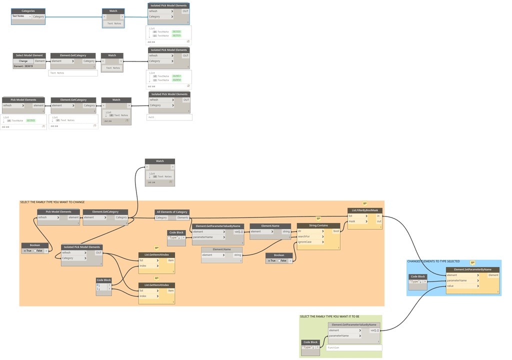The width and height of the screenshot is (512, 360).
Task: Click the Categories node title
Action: (28, 10)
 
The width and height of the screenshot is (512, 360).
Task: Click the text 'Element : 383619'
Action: (23, 66)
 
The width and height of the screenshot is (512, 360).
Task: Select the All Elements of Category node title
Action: (172, 212)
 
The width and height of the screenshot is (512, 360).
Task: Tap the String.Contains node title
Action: (318, 225)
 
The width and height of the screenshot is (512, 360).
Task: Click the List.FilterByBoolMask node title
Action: (365, 210)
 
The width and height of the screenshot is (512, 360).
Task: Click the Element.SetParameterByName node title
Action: (472, 269)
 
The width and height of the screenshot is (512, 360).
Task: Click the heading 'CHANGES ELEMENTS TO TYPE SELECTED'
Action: (433, 261)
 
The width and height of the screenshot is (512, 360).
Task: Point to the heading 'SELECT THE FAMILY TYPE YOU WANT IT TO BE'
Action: (329, 316)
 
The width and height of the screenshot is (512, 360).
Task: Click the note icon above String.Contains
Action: (318, 218)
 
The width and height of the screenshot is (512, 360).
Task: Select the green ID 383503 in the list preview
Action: (30, 120)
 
